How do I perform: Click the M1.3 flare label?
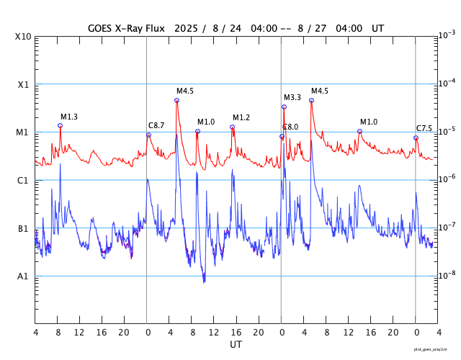[x=68, y=117]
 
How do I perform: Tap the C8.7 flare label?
[x=156, y=125]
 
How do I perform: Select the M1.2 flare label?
[x=241, y=117]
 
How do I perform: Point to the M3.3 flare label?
[x=292, y=97]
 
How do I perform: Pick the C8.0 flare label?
[x=290, y=127]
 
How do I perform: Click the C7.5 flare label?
[x=424, y=128]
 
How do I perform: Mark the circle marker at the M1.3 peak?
[x=60, y=125]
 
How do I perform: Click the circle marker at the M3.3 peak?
[x=284, y=107]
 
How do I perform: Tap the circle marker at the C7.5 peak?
[x=416, y=138]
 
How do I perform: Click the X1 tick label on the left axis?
[x=23, y=84]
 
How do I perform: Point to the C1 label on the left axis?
[x=23, y=180]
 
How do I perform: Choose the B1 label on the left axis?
[x=23, y=228]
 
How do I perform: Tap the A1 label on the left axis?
[x=23, y=276]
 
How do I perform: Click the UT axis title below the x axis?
[x=236, y=345]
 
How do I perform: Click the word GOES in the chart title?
[x=101, y=28]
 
